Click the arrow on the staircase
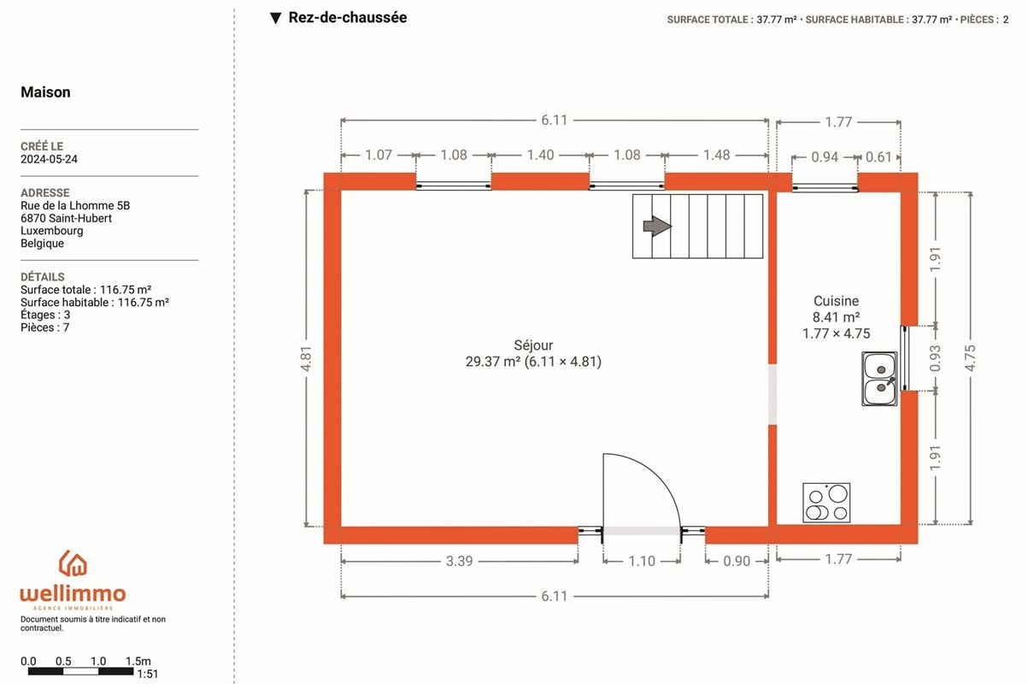coord(656,226)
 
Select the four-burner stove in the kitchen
coord(826,502)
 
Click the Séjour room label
coord(533,345)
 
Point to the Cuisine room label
coord(836,301)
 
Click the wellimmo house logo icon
coord(73,563)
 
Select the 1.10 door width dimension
coord(641,561)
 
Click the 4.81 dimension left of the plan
coord(306,357)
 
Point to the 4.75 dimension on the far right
coord(970,357)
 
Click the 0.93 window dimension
coord(937,357)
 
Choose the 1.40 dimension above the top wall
coord(540,155)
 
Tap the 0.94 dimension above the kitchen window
coord(824,156)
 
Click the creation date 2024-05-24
coord(49,159)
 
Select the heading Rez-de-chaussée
coord(347,17)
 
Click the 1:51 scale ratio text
coord(147,674)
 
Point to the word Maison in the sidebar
coord(45,92)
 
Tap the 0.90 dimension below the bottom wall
coord(736,561)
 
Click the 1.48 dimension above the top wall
coord(716,155)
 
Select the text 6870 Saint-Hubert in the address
coord(66,218)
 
